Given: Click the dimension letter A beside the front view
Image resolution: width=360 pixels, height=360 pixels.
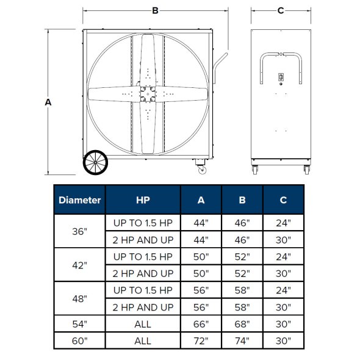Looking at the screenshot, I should point(48,103).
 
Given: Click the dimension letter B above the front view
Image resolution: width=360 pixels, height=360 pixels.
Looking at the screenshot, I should point(155,10).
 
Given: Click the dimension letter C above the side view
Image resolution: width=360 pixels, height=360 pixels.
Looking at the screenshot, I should point(280,10).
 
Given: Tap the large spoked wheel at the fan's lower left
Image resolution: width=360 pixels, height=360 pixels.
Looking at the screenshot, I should point(96,163).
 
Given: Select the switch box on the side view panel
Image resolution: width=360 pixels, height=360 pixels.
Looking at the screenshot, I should point(281,77).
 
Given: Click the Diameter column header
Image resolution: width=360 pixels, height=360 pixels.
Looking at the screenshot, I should point(80,200).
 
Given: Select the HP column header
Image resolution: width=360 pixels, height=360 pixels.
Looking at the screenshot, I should point(143,200).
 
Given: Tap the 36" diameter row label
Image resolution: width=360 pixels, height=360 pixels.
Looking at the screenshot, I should point(80,231).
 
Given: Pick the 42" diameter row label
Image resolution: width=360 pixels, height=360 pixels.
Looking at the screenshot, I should point(80,264).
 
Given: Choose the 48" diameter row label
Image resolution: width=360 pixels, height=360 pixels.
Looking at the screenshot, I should point(80,298).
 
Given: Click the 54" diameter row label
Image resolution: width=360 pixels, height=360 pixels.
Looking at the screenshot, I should point(80,324).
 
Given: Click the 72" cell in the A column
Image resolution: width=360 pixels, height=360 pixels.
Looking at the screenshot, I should point(201,340).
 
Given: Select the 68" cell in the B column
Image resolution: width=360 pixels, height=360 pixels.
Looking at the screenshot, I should point(242,324).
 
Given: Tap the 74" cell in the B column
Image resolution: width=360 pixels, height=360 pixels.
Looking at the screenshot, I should point(242,340).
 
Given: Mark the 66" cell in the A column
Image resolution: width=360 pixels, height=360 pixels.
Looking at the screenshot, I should point(201,324).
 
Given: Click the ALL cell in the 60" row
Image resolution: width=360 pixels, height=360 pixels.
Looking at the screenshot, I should point(143,340).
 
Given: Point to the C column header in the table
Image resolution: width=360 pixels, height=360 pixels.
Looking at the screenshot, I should point(283,200).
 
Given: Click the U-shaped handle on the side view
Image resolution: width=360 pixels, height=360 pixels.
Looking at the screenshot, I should point(281,58).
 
